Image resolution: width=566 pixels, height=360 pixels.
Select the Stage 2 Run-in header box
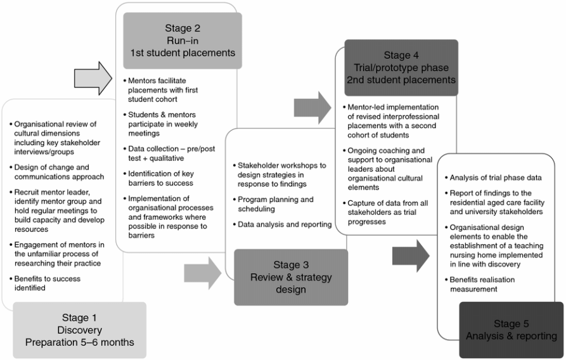182,40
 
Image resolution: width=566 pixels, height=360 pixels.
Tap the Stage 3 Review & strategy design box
291,277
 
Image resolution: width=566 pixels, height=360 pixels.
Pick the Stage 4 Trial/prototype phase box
401,68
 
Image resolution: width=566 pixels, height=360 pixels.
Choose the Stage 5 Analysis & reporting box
511,330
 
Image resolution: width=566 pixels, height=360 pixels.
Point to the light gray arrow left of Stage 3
202,273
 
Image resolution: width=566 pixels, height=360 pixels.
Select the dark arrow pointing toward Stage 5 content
410,255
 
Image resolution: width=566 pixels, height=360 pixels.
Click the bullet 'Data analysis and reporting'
284,224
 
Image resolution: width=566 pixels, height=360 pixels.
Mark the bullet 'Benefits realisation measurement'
485,284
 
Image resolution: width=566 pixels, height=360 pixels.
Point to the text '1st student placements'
182,53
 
